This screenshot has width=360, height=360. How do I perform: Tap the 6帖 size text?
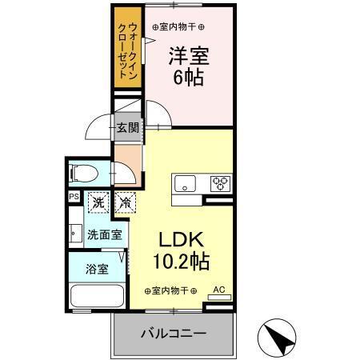pyautogui.click(x=189, y=78)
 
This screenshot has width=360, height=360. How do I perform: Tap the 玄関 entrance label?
pyautogui.click(x=126, y=126)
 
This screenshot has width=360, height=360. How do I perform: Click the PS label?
pyautogui.click(x=74, y=196)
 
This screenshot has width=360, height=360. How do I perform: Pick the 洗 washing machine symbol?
pyautogui.click(x=98, y=203)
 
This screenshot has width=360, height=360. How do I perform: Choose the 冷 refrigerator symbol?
pyautogui.click(x=125, y=203)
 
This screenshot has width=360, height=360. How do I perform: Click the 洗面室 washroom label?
pyautogui.click(x=104, y=235)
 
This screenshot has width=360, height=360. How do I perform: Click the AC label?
pyautogui.click(x=218, y=290)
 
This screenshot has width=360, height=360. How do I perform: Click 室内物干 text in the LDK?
pyautogui.click(x=170, y=290)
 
